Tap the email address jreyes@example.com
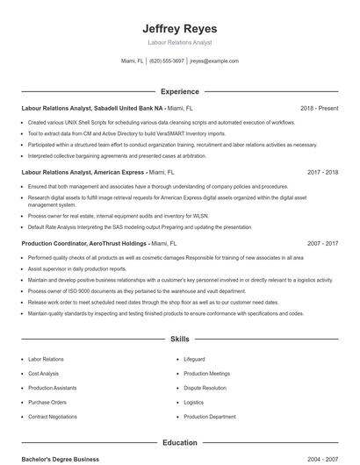click(214, 61)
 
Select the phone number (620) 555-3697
click(167, 61)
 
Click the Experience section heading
click(179, 91)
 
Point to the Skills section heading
click(179, 338)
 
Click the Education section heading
click(179, 443)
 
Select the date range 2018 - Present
click(319, 108)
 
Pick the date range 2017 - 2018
click(322, 173)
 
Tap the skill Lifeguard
click(194, 360)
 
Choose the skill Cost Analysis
click(44, 374)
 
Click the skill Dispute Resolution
click(205, 388)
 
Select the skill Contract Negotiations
click(53, 417)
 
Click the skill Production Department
click(209, 417)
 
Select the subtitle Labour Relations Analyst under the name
click(179, 42)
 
